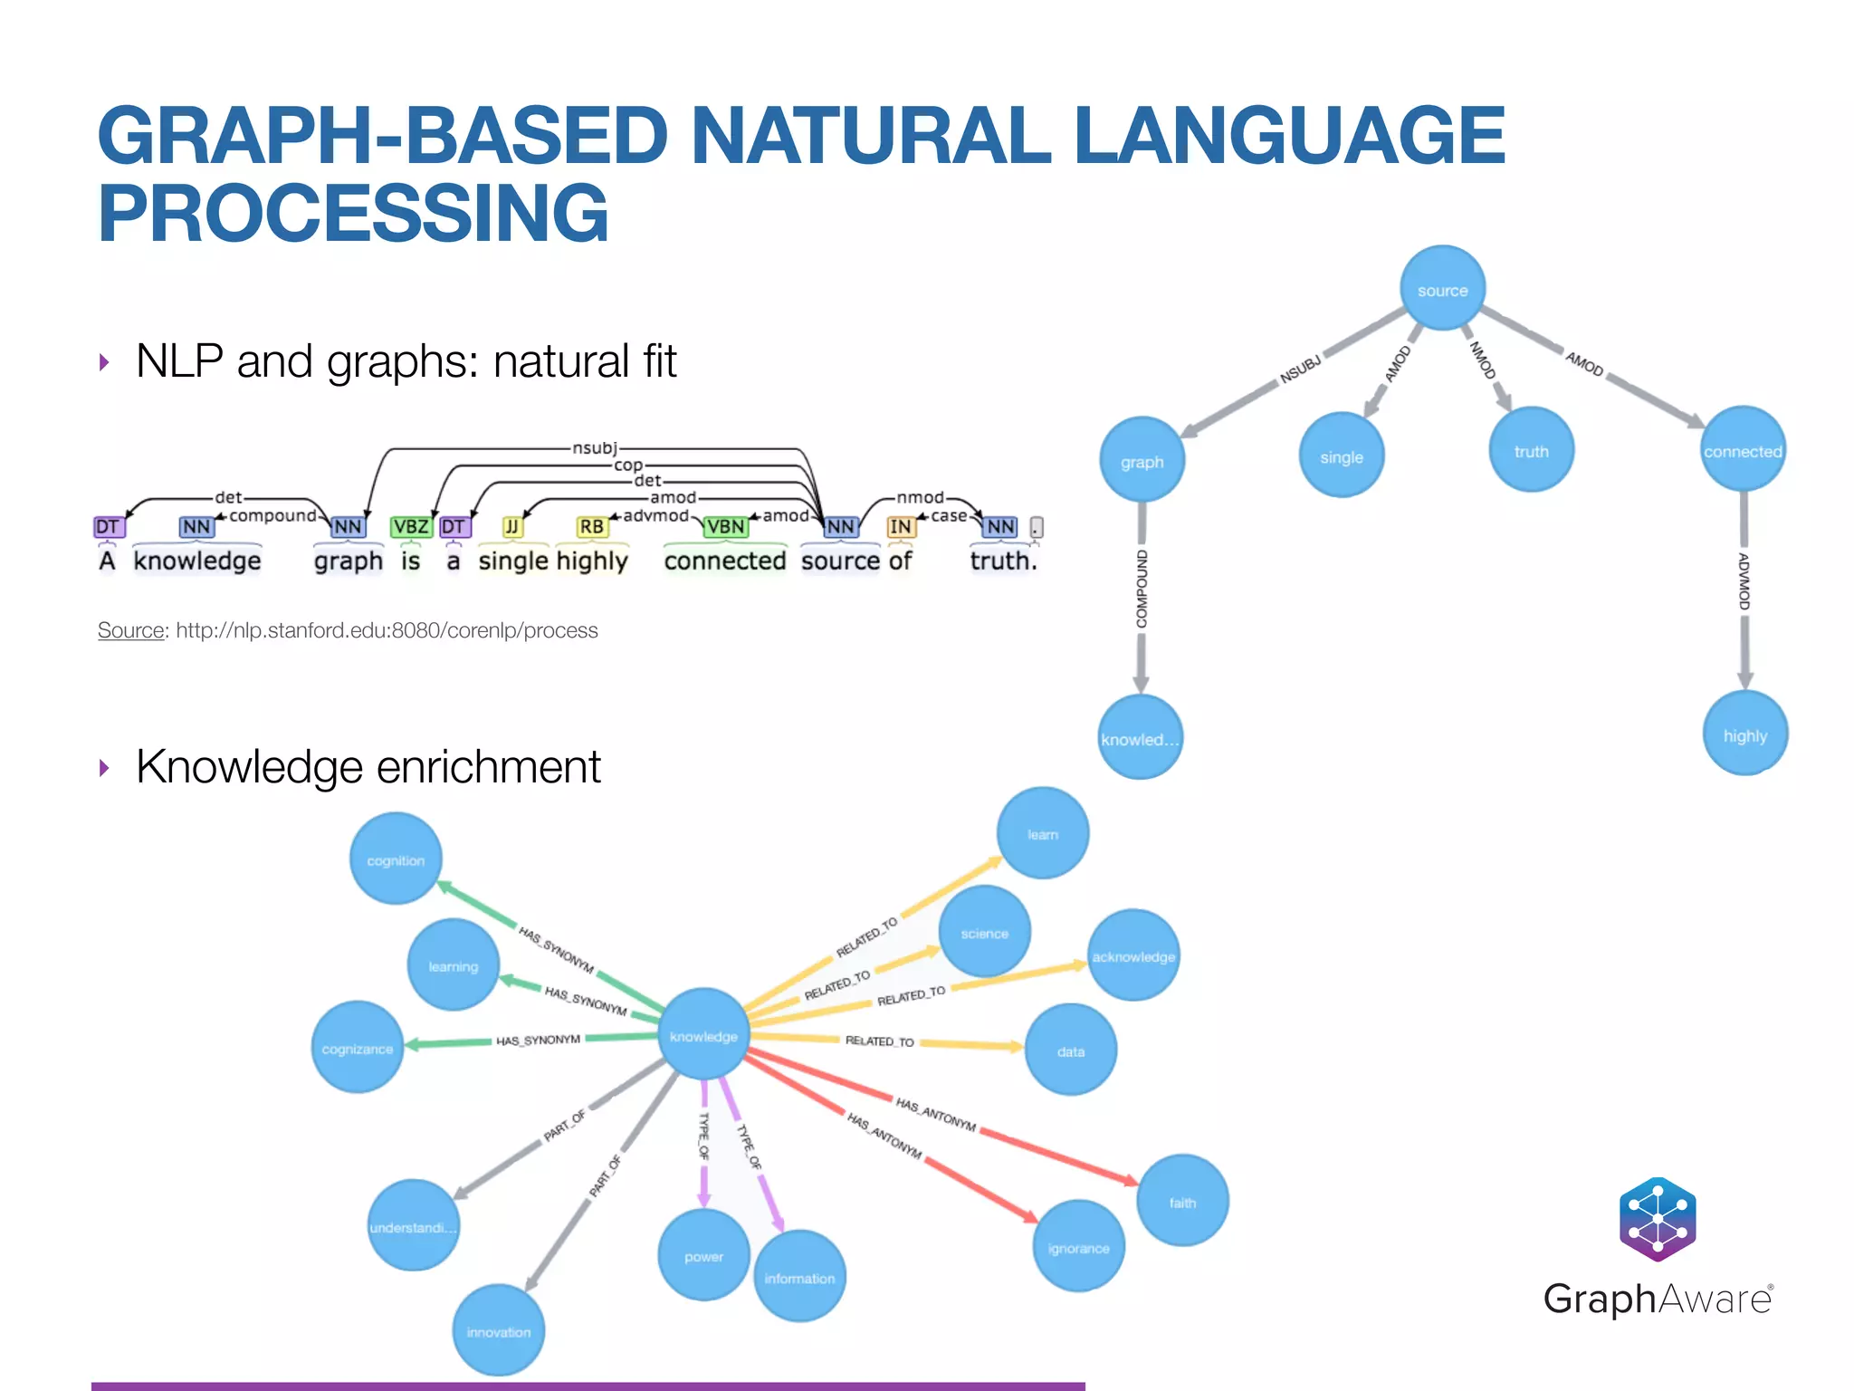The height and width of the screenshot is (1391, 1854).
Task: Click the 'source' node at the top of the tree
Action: click(1442, 289)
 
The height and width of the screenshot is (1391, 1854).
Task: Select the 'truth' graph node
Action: click(1531, 450)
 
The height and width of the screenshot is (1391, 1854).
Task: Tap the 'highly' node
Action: click(1744, 734)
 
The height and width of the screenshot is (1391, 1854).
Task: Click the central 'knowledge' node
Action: click(703, 1035)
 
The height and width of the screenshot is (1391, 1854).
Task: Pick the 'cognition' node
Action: click(396, 859)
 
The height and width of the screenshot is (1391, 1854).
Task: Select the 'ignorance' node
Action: click(1077, 1247)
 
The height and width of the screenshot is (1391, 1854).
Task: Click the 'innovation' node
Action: click(498, 1330)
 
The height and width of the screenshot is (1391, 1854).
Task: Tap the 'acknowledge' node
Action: click(1132, 955)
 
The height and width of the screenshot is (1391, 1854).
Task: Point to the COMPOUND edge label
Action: click(1141, 589)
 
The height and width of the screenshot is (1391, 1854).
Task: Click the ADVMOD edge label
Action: click(1744, 581)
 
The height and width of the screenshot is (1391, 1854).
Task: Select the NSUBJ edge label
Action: click(1300, 369)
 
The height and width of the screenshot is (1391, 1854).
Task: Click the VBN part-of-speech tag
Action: click(725, 526)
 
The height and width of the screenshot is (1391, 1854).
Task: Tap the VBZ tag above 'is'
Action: click(410, 526)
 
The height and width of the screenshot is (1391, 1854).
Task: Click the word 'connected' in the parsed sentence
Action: click(724, 561)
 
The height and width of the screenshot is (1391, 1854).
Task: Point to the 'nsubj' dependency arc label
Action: click(594, 447)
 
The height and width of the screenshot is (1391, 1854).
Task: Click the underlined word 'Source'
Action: click(130, 630)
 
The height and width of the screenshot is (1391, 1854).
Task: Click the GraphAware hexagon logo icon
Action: click(1657, 1218)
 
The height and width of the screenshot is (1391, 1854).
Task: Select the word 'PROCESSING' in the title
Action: click(353, 214)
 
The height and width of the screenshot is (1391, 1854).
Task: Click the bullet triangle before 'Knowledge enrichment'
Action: click(105, 768)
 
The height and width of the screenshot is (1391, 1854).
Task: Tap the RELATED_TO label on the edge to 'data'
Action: click(879, 1041)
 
